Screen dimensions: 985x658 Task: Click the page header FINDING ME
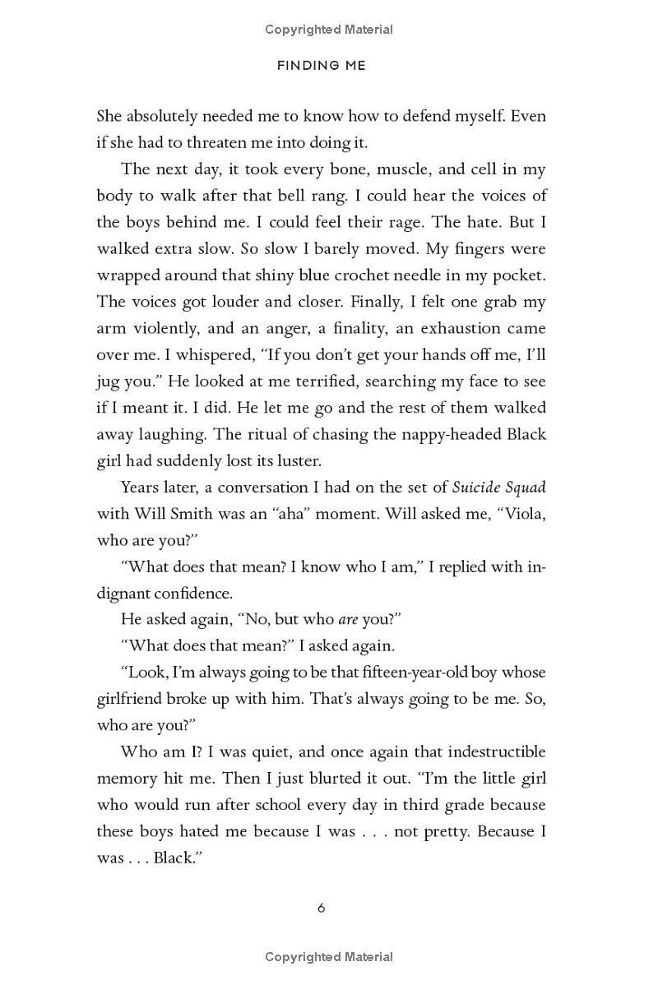pos(321,66)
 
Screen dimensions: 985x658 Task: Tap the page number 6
pos(321,908)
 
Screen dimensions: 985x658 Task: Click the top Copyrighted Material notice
pos(329,30)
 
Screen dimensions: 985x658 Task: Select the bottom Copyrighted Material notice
pos(329,957)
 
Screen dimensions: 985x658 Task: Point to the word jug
pos(110,381)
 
